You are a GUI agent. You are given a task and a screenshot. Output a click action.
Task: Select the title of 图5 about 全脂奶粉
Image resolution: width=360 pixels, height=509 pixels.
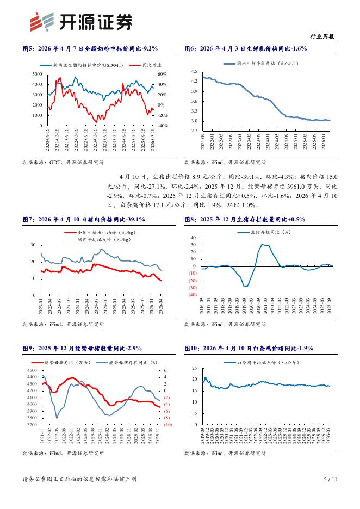tap(90, 49)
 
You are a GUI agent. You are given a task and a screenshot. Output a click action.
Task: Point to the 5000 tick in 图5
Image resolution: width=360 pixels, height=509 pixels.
tap(37, 74)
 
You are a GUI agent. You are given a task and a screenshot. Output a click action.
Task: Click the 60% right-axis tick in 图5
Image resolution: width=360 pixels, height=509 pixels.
tap(163, 74)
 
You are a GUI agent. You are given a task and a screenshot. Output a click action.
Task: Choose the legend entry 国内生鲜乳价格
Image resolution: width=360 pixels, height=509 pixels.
tap(259, 64)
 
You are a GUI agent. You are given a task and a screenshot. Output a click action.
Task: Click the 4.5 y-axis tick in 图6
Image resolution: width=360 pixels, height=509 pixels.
tap(194, 72)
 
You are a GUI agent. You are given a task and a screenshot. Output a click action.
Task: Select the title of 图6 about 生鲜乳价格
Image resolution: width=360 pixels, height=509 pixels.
tap(246, 49)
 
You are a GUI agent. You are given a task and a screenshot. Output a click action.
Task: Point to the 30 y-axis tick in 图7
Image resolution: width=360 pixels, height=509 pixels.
tap(34, 245)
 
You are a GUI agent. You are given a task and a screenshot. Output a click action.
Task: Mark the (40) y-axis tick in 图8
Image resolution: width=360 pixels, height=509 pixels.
tap(192, 295)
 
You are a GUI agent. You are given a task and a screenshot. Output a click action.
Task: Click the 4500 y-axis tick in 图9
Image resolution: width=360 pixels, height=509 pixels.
tap(32, 370)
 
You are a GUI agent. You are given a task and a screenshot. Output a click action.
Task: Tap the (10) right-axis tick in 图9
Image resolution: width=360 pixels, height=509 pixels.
tap(167, 425)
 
